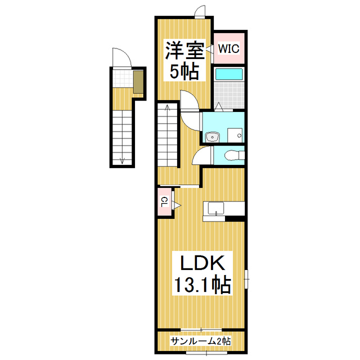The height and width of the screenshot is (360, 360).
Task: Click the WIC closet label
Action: tap(228, 48)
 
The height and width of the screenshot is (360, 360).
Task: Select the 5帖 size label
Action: tap(184, 71)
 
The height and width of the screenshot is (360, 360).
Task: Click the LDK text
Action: tap(202, 263)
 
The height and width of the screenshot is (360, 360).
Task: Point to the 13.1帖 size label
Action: tap(202, 285)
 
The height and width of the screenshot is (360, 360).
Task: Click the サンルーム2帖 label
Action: tap(201, 341)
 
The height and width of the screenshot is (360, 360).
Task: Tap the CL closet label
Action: tap(164, 202)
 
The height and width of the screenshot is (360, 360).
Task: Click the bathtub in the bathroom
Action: tap(229, 74)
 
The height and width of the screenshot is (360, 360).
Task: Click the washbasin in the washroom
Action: tap(213, 137)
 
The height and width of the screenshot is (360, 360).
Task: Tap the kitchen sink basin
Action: tap(216, 209)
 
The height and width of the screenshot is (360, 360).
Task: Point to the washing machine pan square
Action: tap(235, 136)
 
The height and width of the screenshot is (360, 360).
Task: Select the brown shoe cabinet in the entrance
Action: tap(138, 82)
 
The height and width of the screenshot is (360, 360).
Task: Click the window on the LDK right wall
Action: tap(246, 279)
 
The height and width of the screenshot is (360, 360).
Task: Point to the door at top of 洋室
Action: tap(200, 12)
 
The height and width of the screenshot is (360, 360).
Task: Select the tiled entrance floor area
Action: tap(123, 78)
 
